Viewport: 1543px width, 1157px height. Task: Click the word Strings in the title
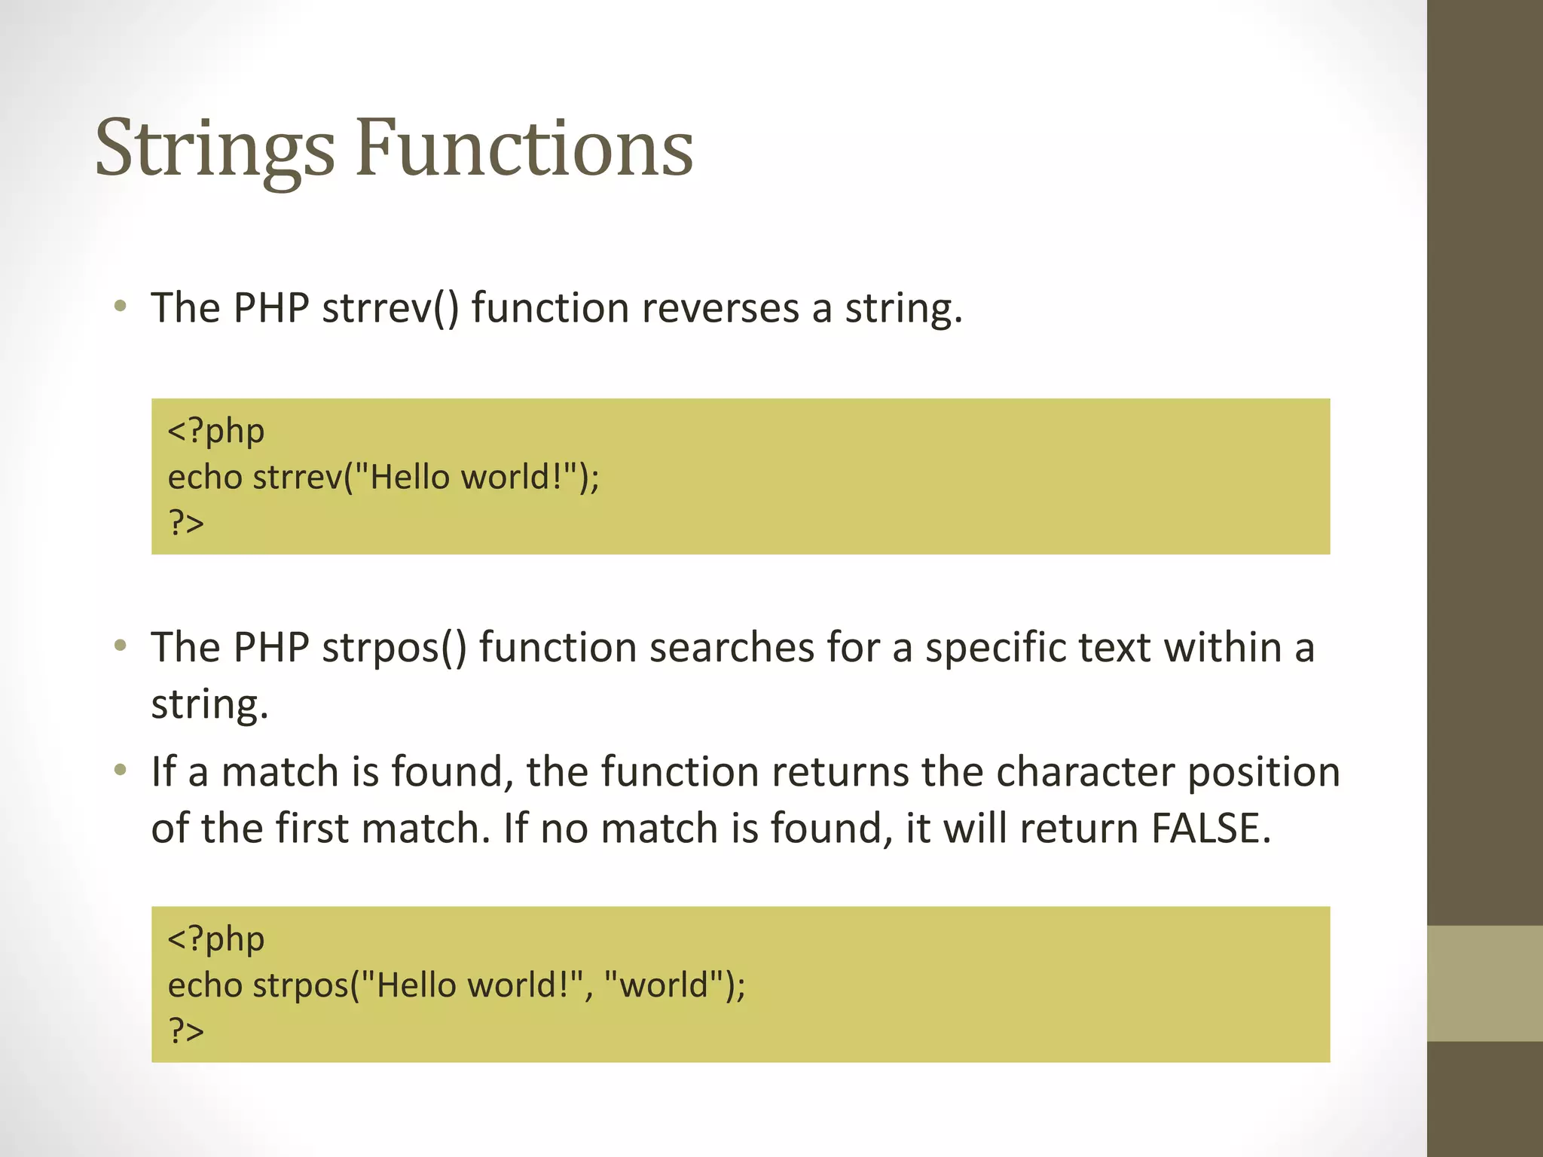click(x=215, y=149)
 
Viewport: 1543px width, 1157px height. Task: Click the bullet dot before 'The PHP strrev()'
click(x=120, y=307)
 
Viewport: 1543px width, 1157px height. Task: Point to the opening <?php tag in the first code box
click(x=216, y=432)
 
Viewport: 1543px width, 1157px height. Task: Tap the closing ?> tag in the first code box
click(x=186, y=523)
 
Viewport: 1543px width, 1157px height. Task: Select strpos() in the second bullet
click(x=394, y=648)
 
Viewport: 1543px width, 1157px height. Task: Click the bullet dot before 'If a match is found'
click(x=120, y=771)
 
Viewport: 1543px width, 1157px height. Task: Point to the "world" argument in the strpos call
click(x=664, y=985)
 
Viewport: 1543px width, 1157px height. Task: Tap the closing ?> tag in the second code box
click(x=186, y=1030)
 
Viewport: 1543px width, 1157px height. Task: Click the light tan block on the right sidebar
click(x=1484, y=983)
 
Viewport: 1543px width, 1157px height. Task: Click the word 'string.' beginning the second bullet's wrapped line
click(x=209, y=705)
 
